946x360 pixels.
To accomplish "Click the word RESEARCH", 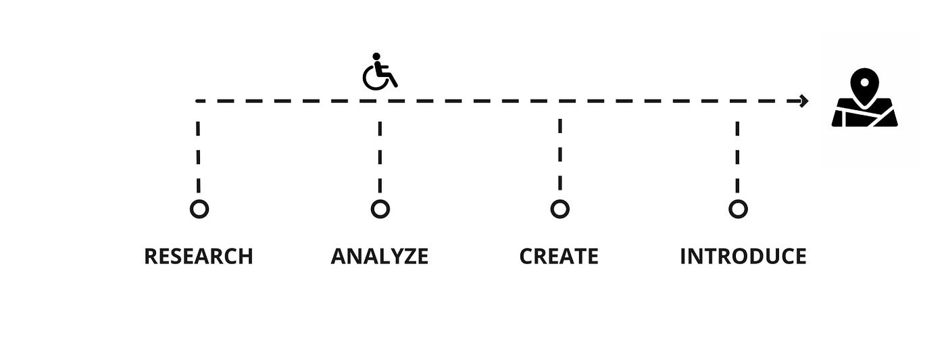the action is pos(199,257).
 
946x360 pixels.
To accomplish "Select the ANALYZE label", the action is pos(379,257).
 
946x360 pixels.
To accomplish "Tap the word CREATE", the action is pos(559,257).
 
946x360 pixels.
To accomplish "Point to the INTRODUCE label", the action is pos(743,257).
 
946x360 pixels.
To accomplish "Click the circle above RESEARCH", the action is pos(199,209).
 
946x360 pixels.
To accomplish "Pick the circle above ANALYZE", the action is pos(380,209).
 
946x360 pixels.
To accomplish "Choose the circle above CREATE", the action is pos(559,209).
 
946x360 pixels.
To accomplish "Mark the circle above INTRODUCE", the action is pos(738,209).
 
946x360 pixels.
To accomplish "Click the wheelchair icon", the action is pos(379,72).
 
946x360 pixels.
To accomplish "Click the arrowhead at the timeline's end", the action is pos(803,101).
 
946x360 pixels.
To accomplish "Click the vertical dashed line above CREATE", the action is pos(559,155).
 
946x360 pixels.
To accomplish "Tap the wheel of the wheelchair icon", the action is pos(375,78).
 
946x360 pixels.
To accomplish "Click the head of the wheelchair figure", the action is pos(376,57).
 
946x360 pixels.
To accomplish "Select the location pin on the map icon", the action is pos(864,84).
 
